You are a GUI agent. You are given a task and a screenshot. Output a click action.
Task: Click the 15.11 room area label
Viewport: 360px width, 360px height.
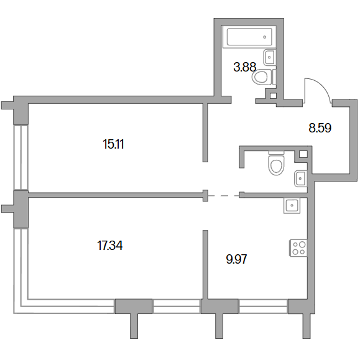[x=113, y=144]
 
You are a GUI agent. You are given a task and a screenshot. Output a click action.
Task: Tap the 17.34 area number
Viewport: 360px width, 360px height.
[x=110, y=245]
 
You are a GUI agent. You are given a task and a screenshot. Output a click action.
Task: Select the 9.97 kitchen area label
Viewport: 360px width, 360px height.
[x=236, y=259]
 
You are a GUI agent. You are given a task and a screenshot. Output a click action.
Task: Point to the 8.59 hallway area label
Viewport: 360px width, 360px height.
[x=320, y=128]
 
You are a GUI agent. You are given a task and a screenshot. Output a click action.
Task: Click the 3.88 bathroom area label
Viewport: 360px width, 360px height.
[x=244, y=67]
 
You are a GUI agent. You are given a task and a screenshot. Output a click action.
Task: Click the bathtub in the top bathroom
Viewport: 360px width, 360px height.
[x=249, y=37]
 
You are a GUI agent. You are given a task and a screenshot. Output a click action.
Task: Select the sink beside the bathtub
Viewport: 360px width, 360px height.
[x=269, y=57]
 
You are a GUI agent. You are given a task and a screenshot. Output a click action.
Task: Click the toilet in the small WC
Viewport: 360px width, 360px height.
[x=276, y=163]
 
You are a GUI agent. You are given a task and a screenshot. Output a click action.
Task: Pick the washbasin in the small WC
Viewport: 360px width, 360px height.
[x=300, y=178]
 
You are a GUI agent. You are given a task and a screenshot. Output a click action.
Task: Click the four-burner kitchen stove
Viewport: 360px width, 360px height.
[x=298, y=248]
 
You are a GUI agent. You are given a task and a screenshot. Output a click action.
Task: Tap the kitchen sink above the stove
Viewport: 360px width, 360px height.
[x=292, y=205]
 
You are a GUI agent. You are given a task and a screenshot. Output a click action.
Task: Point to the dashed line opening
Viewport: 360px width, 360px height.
[x=224, y=196]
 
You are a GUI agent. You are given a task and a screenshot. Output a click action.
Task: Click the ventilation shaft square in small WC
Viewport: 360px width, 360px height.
[x=303, y=154]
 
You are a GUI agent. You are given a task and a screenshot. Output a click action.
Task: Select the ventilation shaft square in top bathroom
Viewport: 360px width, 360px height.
[x=273, y=96]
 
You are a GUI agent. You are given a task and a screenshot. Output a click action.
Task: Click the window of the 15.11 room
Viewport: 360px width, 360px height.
[x=21, y=157]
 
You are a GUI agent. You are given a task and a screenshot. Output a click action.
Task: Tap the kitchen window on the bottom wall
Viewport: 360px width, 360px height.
[x=263, y=307]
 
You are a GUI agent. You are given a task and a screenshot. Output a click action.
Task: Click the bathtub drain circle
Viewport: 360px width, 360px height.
[x=265, y=37]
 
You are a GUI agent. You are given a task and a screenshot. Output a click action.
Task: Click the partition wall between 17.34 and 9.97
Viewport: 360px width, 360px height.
[x=205, y=265]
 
